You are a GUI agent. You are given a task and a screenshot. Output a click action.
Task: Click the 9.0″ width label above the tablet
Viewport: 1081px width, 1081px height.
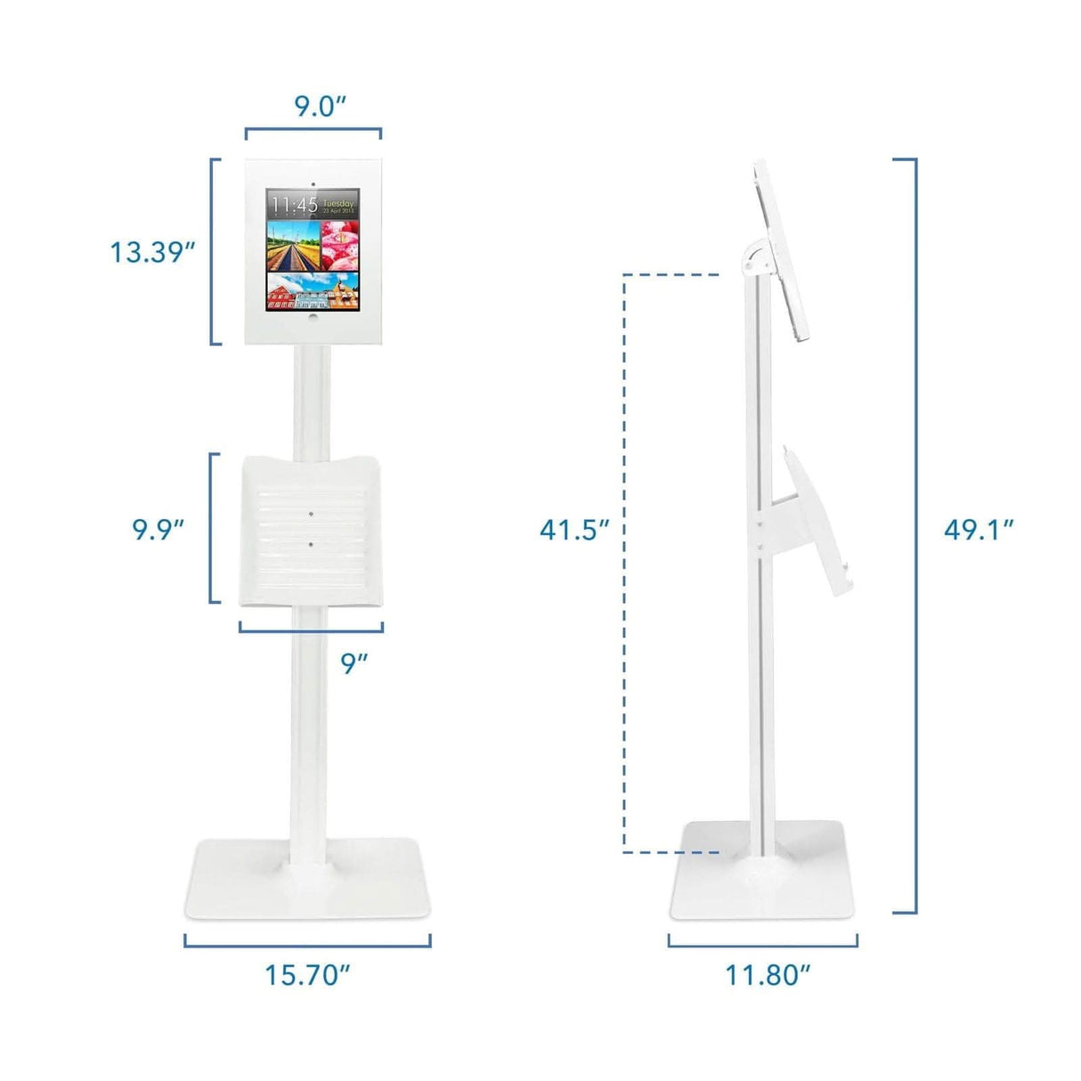point(320,106)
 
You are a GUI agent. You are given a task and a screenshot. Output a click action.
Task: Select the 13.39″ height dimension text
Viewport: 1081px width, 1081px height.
point(152,252)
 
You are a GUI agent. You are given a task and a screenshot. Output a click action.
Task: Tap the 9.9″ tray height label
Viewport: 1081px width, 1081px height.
point(158,529)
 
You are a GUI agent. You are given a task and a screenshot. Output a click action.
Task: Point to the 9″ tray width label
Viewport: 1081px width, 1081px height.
point(354,662)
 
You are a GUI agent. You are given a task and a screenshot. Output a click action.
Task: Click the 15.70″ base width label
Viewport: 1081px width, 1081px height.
point(307,974)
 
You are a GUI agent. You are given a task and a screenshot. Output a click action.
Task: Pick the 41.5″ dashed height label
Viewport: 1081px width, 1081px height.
point(574,530)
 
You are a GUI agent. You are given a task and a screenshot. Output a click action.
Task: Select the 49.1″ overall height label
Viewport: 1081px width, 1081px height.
point(979,530)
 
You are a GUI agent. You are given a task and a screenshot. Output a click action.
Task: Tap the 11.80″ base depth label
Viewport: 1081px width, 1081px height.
point(768,974)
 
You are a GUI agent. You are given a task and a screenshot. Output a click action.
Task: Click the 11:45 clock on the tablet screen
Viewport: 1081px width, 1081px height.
point(295,205)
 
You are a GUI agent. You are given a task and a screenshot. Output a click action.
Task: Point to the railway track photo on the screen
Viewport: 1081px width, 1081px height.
point(293,246)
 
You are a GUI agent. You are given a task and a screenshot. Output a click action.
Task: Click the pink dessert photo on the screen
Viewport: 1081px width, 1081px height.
point(338,244)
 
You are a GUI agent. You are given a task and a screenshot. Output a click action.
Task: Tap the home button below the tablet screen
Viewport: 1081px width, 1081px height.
point(313,315)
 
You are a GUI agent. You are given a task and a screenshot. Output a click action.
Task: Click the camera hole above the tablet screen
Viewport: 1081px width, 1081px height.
point(313,183)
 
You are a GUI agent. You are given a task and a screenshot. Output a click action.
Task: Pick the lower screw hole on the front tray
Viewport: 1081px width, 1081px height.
point(312,541)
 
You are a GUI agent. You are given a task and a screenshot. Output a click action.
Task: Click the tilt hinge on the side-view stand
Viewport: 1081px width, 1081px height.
point(753,256)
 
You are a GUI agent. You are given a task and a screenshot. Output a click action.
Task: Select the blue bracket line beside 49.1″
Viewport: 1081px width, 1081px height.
point(915,534)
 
